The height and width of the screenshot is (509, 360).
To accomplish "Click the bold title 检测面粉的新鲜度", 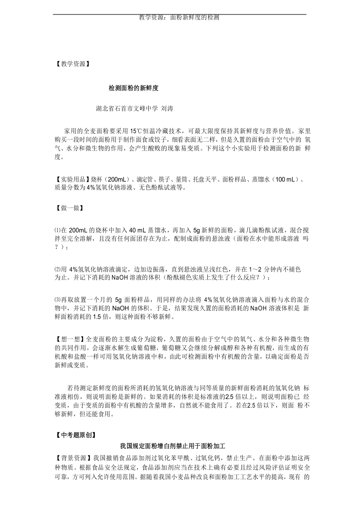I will pyautogui.click(x=133, y=88).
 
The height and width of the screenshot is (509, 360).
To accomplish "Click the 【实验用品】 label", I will pyautogui.click(x=72, y=179).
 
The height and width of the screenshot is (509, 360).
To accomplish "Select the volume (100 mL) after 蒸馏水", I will pyautogui.click(x=285, y=179).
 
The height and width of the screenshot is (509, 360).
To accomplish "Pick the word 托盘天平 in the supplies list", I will pyautogui.click(x=206, y=179).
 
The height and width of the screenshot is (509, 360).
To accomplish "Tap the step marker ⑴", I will pyautogui.click(x=57, y=230).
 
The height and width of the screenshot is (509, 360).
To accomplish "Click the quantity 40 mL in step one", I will pyautogui.click(x=137, y=230).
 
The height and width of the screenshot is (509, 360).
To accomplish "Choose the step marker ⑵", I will pyautogui.click(x=57, y=269).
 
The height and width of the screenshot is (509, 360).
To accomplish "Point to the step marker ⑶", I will pyautogui.click(x=57, y=300).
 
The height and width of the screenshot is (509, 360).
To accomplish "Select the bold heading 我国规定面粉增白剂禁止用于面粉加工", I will pyautogui.click(x=173, y=446).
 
